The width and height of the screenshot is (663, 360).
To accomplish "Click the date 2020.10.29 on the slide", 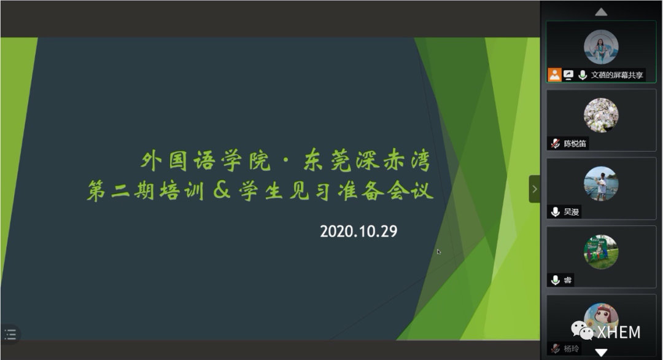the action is coord(359,232).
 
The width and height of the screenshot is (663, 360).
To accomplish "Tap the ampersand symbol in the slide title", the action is coord(222,190).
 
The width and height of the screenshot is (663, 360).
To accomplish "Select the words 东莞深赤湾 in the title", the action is coord(367,161).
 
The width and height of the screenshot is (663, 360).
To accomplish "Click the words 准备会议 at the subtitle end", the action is coord(386,191).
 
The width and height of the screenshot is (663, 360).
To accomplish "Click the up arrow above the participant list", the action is coord(601,12).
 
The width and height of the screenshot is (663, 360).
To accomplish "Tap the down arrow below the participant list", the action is coord(601,352).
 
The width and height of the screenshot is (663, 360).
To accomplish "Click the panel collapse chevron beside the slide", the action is coord(535,189).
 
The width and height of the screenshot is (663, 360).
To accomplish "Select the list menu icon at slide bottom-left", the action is coord(10,335).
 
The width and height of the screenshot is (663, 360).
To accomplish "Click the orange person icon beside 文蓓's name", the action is coord(554,75).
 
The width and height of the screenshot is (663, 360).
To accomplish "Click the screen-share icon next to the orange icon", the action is coord(568,75).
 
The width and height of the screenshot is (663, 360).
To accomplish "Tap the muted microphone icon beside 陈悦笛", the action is coord(555,144).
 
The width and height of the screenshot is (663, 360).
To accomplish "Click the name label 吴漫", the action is coord(572,212).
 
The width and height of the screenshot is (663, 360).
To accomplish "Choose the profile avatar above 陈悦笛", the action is coord(601,115).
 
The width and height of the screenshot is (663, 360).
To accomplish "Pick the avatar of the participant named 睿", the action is coord(601,252).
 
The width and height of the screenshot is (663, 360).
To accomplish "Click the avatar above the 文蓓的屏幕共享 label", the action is coord(601,47).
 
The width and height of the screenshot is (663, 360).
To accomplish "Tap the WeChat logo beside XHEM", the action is coord(582,331).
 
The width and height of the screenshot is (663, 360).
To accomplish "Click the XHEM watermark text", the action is coord(619,332).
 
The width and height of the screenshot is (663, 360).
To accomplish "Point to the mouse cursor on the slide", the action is coord(439,252).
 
